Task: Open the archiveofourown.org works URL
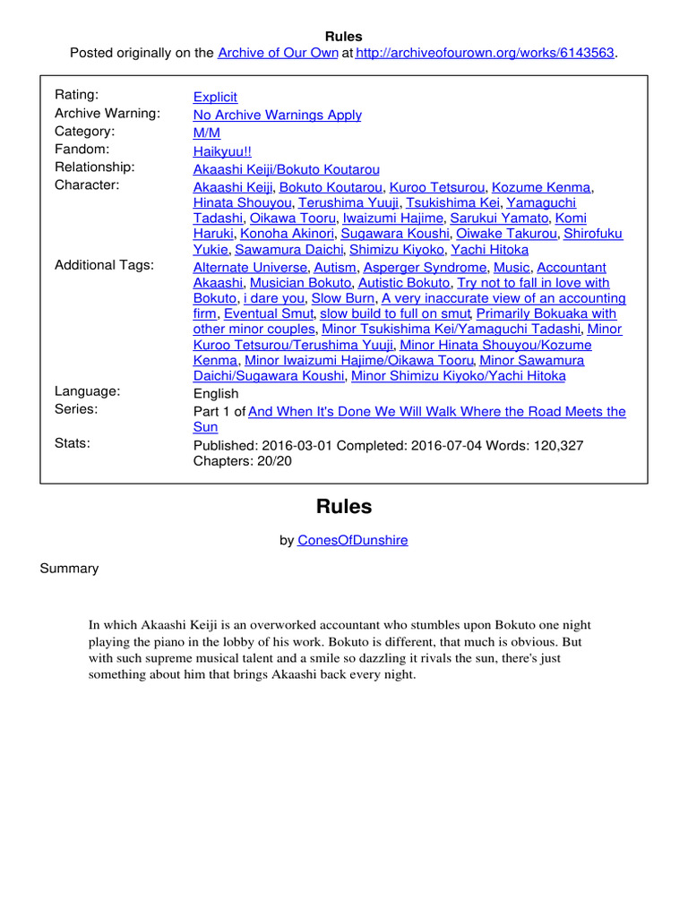[485, 53]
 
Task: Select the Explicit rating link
[215, 97]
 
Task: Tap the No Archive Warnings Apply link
[278, 115]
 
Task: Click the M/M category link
[207, 133]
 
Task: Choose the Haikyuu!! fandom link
[223, 151]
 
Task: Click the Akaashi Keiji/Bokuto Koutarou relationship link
[287, 169]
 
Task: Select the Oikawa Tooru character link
[293, 218]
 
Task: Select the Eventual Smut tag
[269, 313]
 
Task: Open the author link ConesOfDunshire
[353, 540]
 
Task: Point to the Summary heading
[69, 569]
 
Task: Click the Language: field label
[87, 391]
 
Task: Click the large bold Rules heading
[344, 507]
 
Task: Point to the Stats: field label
[73, 442]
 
